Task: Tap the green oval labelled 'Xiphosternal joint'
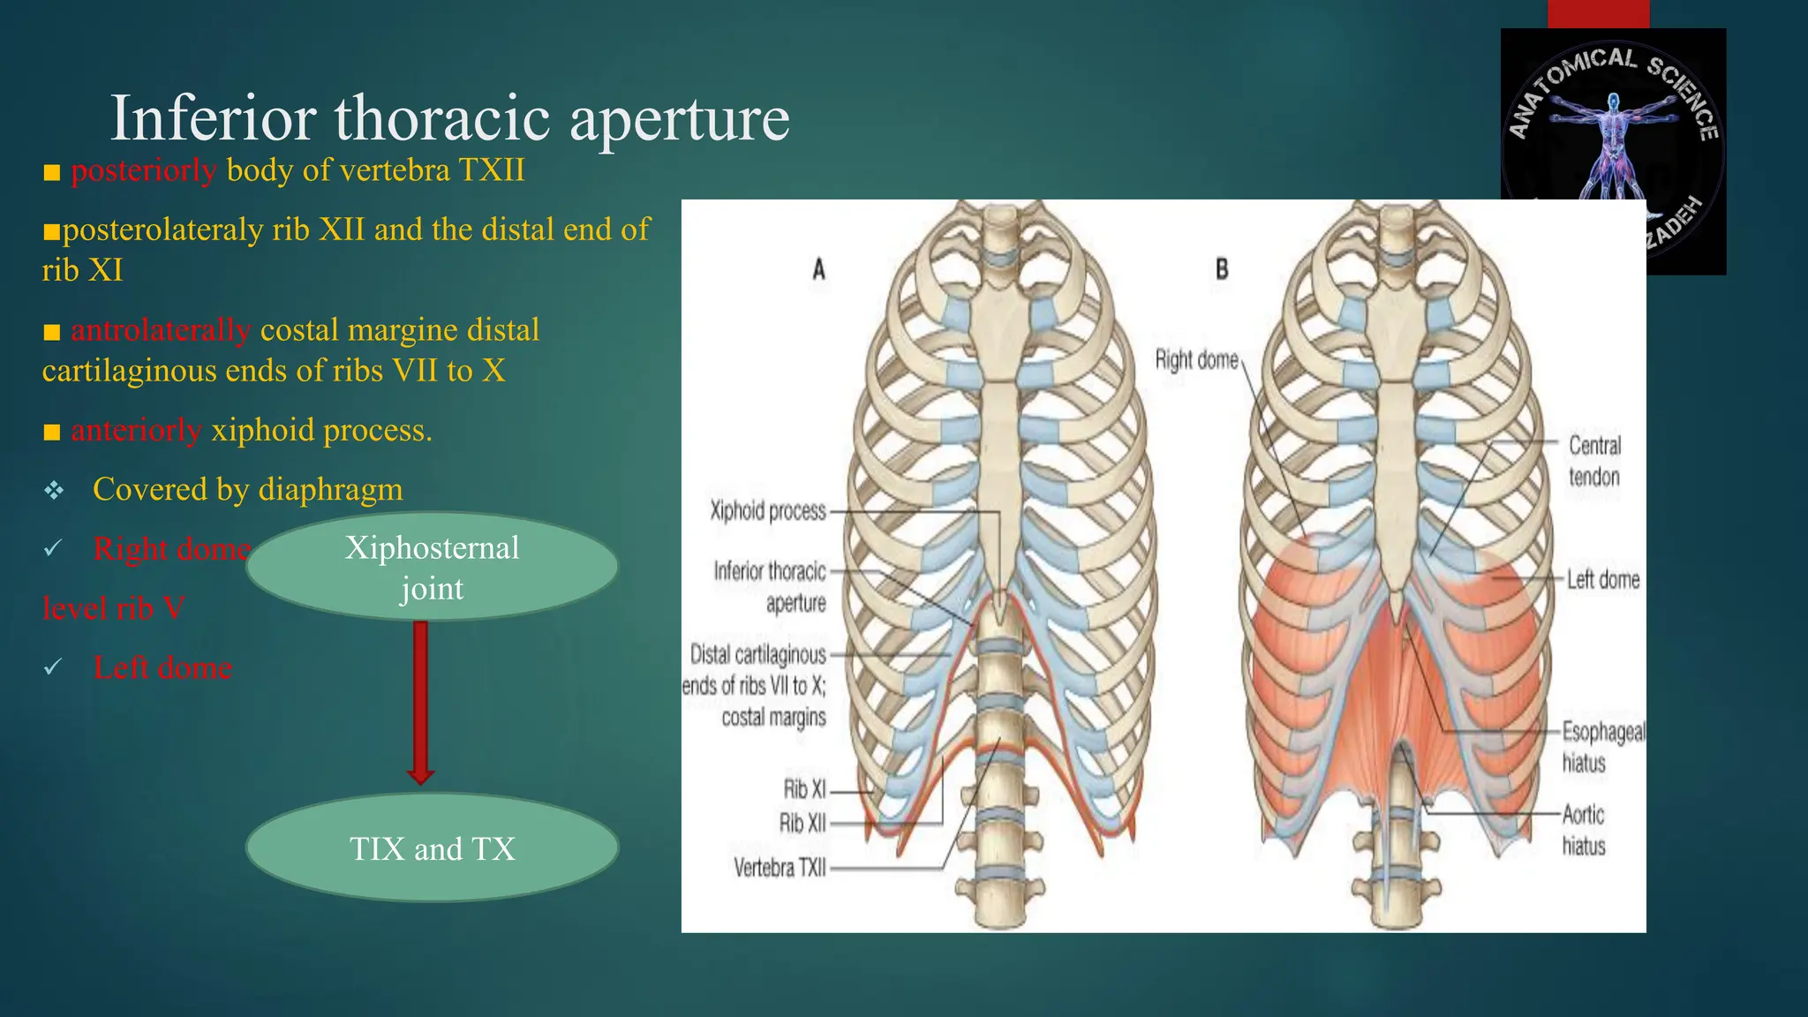click(x=432, y=567)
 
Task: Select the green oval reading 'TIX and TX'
click(x=432, y=848)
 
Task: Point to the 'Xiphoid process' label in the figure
click(x=768, y=511)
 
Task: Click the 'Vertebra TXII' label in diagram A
click(x=780, y=869)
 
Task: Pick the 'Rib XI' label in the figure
click(x=804, y=788)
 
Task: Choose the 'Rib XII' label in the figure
click(x=802, y=824)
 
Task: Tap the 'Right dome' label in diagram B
click(x=1196, y=360)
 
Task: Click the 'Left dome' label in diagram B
click(x=1603, y=580)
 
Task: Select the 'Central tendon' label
click(x=1594, y=462)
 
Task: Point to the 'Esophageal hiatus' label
click(x=1602, y=747)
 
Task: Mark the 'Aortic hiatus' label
click(x=1584, y=830)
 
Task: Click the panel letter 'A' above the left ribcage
click(x=819, y=269)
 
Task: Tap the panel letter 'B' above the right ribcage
click(x=1222, y=269)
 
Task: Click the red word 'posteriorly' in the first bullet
click(x=143, y=169)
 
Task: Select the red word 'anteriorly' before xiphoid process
click(x=136, y=430)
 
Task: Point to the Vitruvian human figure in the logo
click(x=1613, y=141)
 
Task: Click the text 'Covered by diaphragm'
click(x=247, y=489)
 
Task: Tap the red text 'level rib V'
click(x=114, y=608)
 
